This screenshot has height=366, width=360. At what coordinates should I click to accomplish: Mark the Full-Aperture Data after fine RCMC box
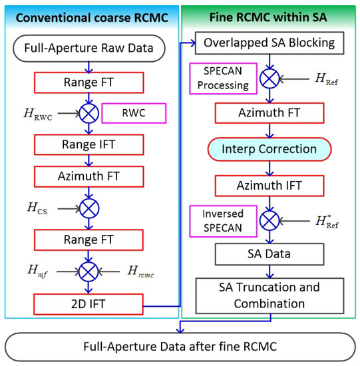180,346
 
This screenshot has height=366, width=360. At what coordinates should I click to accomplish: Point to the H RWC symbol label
29,114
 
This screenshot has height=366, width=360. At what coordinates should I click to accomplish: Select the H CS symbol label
31,208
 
